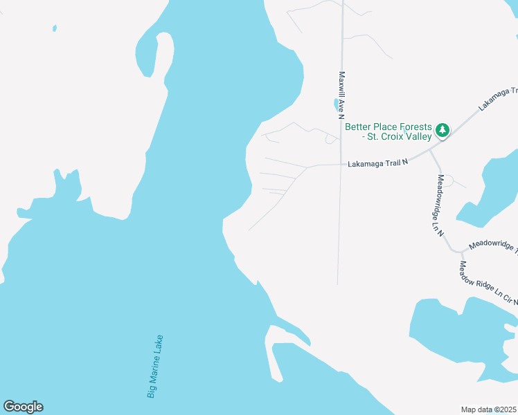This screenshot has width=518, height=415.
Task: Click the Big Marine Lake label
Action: point(155,367)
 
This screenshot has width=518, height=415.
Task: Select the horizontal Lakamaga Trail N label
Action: point(378,164)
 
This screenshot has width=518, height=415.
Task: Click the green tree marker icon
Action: point(442,129)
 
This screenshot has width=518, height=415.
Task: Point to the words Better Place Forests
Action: point(387,127)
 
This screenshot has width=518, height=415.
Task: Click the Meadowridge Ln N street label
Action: point(439,205)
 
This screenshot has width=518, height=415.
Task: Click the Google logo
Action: point(23,407)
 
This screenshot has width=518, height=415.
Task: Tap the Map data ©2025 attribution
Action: point(488,409)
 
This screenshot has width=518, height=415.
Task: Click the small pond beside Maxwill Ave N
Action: point(337,105)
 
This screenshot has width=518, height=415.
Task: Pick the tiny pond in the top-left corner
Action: point(54,28)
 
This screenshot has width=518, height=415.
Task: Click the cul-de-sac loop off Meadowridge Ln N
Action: point(447,181)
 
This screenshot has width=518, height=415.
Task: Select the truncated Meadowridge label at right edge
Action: point(492,247)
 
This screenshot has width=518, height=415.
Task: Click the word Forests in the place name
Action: point(413,127)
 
